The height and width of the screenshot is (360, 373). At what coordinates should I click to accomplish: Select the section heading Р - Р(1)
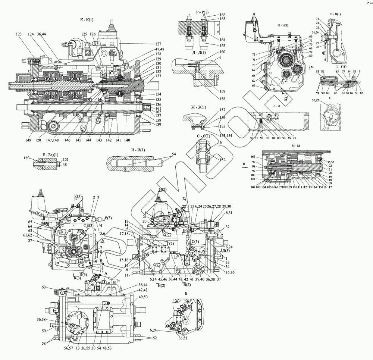(202, 12)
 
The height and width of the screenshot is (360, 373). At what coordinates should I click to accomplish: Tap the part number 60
(44, 287)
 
